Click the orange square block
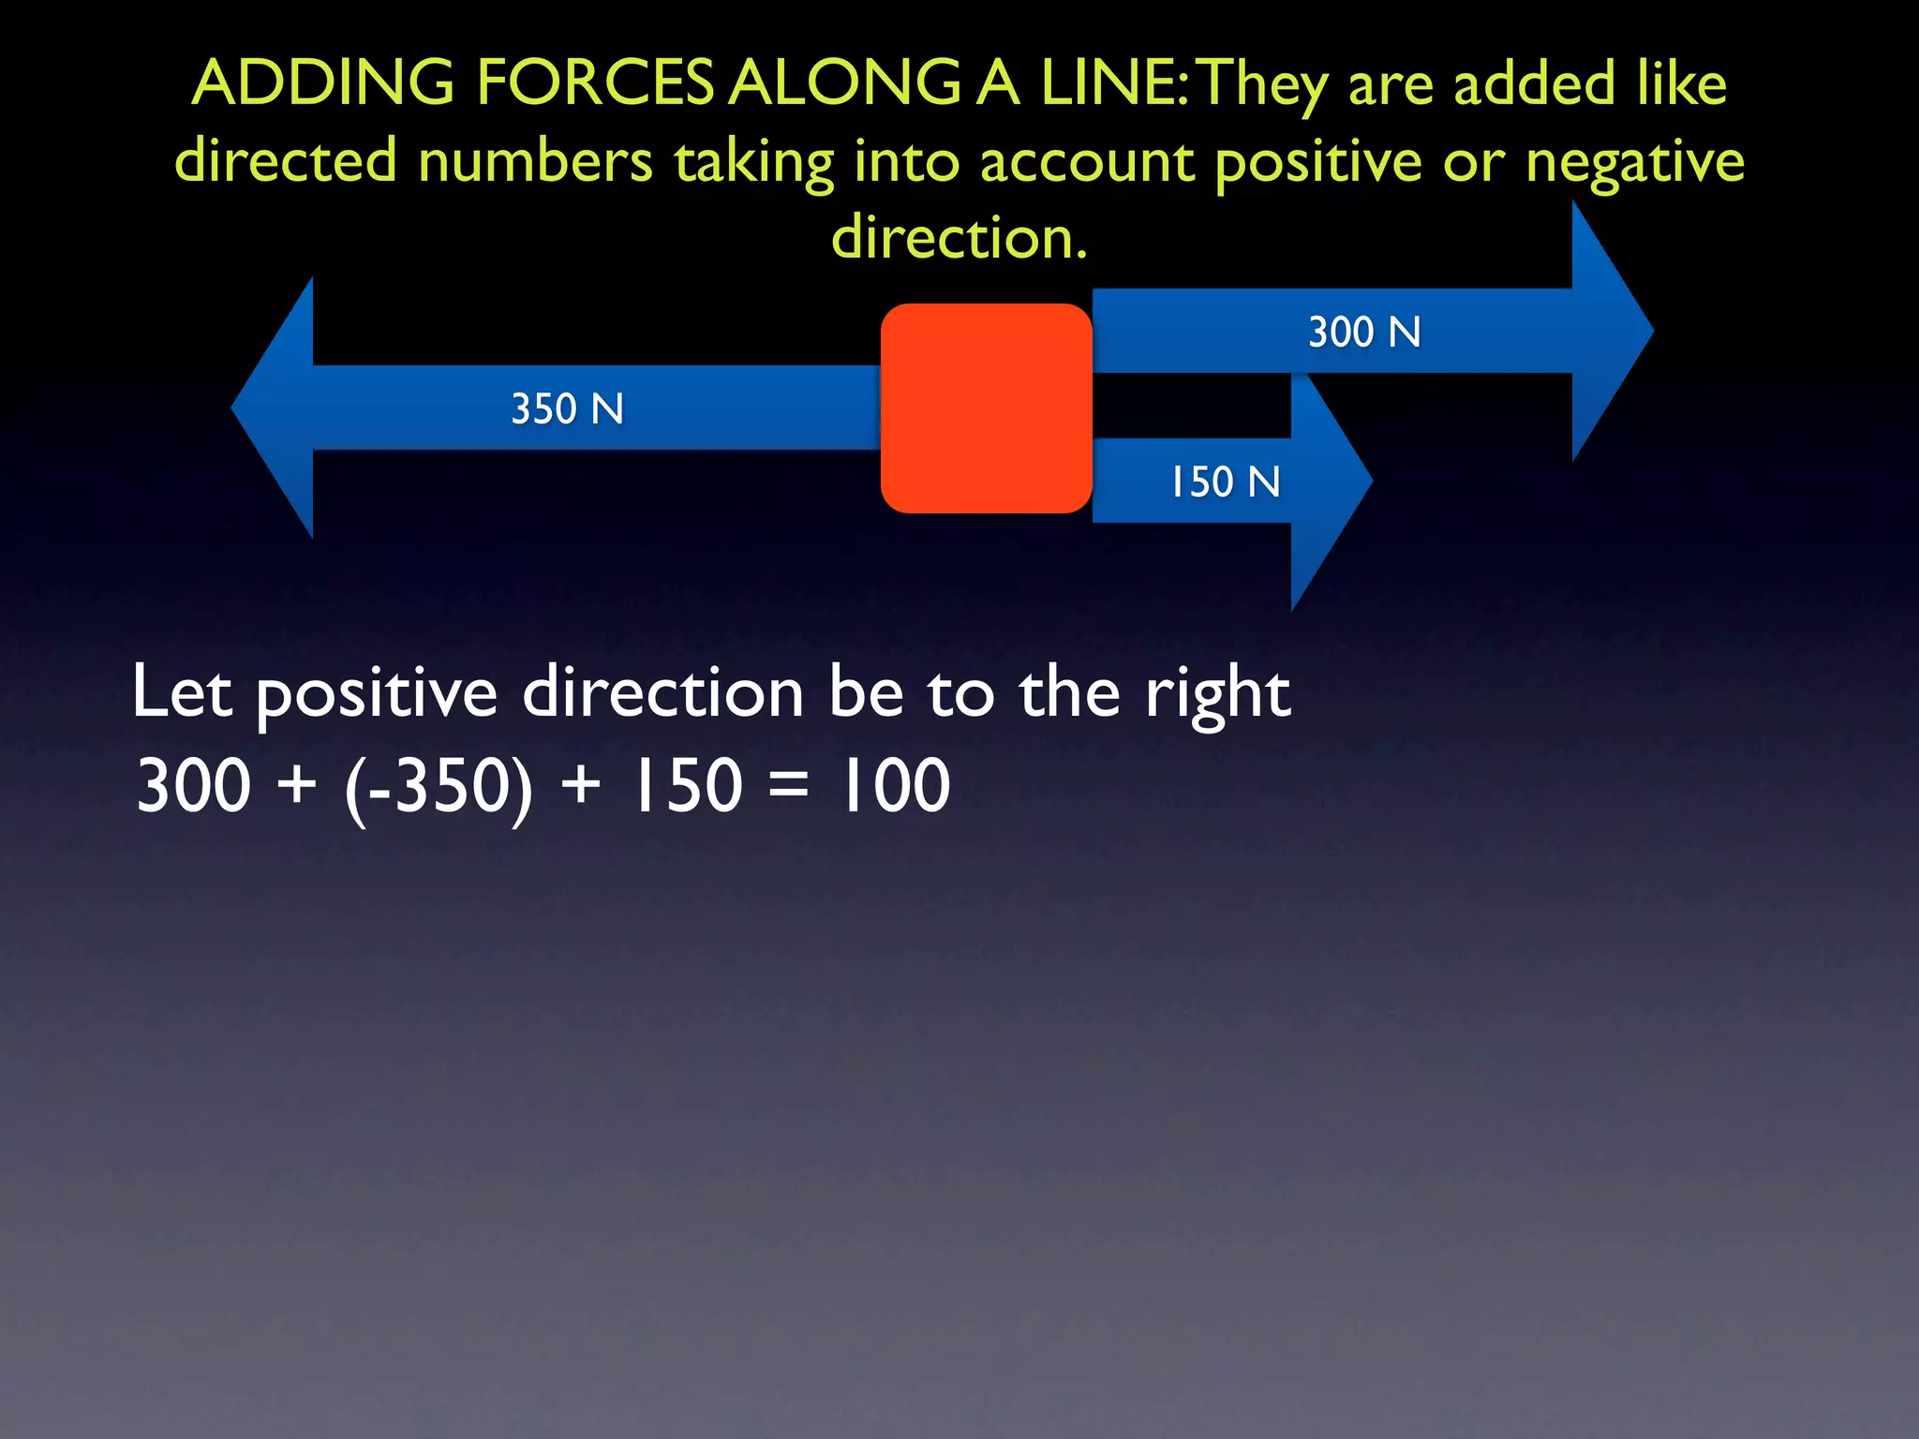986,408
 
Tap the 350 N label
567,409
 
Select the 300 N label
1364,333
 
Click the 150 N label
1225,482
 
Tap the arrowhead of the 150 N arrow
1331,482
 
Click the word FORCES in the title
595,82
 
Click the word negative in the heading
1634,162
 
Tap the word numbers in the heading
535,161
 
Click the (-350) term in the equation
439,787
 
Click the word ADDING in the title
323,82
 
